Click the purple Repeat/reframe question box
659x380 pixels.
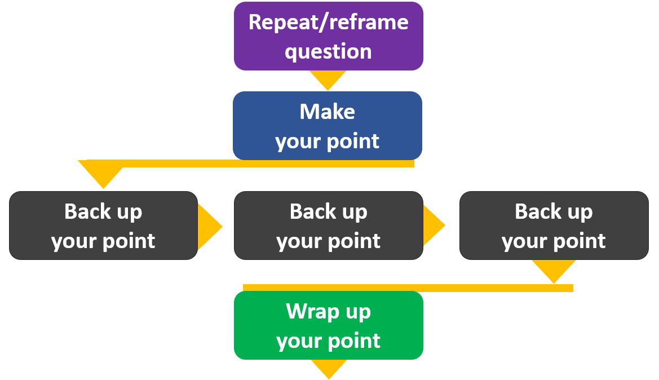coord(328,36)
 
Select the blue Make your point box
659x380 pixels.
coord(328,126)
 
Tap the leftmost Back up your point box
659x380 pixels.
coord(103,226)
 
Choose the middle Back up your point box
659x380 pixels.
coord(328,226)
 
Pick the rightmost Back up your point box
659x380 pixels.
coord(554,226)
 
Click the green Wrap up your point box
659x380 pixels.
coord(328,325)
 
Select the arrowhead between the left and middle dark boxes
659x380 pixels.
coord(209,226)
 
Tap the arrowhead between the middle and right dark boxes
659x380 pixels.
coord(433,226)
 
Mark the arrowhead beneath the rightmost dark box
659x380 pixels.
coord(554,270)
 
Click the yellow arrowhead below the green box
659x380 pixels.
coord(329,368)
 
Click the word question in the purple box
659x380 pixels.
coord(328,52)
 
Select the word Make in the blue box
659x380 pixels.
coord(328,112)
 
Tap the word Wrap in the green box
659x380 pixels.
coord(308,311)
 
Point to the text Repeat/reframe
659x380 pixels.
coord(328,23)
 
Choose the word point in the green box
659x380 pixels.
coord(356,341)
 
